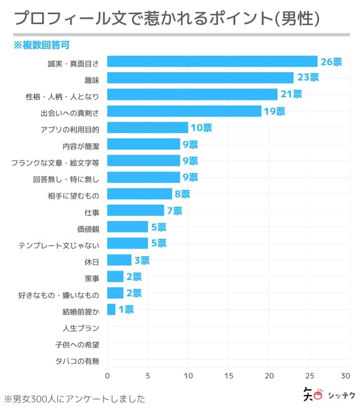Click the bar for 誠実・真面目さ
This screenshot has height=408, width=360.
pyautogui.click(x=212, y=61)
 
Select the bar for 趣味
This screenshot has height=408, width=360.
pyautogui.click(x=200, y=78)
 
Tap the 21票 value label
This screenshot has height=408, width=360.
pyautogui.click(x=290, y=95)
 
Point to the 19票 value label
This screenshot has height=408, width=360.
pyautogui.click(x=274, y=111)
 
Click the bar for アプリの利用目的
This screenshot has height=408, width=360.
pyautogui.click(x=147, y=128)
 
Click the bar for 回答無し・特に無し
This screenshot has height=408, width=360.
pyautogui.click(x=143, y=177)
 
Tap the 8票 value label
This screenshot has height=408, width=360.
pyautogui.click(x=182, y=194)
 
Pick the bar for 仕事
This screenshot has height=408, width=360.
pyautogui.click(x=136, y=210)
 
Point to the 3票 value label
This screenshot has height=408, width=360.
pyautogui.click(x=141, y=260)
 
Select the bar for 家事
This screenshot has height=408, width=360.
pyautogui.click(x=115, y=276)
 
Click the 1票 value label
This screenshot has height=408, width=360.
pyautogui.click(x=125, y=310)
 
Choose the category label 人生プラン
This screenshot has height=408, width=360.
pyautogui.click(x=81, y=328)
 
